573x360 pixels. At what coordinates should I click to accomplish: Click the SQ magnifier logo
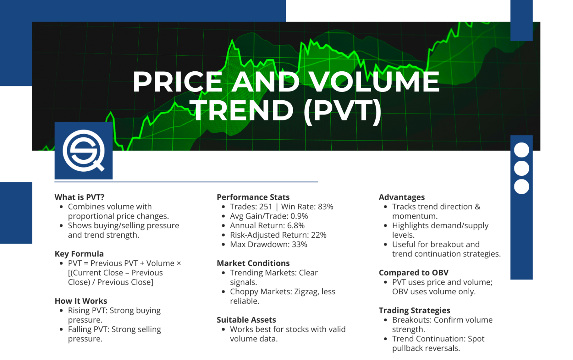[x=84, y=151]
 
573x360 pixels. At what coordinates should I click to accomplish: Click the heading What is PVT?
[x=79, y=197]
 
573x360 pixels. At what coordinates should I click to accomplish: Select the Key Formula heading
[x=79, y=254]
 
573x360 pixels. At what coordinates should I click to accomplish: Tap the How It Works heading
[x=81, y=301]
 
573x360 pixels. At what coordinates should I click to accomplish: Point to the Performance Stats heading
[x=253, y=197]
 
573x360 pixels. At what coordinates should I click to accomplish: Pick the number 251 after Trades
[x=266, y=207]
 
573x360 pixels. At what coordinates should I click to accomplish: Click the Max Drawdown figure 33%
[x=299, y=245]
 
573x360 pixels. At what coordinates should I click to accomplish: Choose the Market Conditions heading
[x=253, y=263]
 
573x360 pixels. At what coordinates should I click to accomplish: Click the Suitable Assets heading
[x=246, y=320]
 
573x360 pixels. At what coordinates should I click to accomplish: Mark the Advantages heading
[x=401, y=197]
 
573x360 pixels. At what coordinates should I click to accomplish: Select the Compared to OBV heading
[x=413, y=273]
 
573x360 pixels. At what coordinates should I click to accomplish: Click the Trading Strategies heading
[x=414, y=311]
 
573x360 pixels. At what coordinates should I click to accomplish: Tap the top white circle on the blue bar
[x=521, y=150]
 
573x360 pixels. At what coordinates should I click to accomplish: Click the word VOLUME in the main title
[x=374, y=82]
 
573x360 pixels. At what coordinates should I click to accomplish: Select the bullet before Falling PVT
[x=61, y=329]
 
